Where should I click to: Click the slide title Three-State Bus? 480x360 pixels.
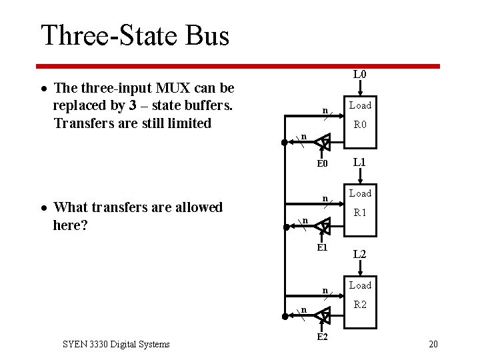tap(135, 35)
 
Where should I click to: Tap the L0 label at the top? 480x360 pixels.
tap(359, 74)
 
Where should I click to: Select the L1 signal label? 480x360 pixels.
tap(359, 162)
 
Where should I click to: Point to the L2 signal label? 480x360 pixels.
tap(359, 254)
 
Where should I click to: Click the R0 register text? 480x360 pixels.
tap(360, 124)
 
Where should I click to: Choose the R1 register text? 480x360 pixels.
tap(360, 213)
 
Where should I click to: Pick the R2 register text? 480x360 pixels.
tap(360, 305)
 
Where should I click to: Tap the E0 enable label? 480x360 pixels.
tap(323, 164)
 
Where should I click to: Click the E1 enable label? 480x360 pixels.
tap(323, 247)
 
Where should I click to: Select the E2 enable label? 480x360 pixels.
tap(322, 337)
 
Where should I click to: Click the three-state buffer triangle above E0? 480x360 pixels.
tap(323, 141)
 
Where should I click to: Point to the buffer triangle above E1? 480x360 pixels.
tap(323, 227)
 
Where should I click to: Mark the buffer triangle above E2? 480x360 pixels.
tap(323, 315)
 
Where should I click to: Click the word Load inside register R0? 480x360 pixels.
tap(360, 105)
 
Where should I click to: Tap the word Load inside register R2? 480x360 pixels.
tap(360, 285)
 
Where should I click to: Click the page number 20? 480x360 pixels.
tap(433, 344)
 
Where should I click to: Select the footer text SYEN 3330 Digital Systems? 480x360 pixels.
tap(116, 344)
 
